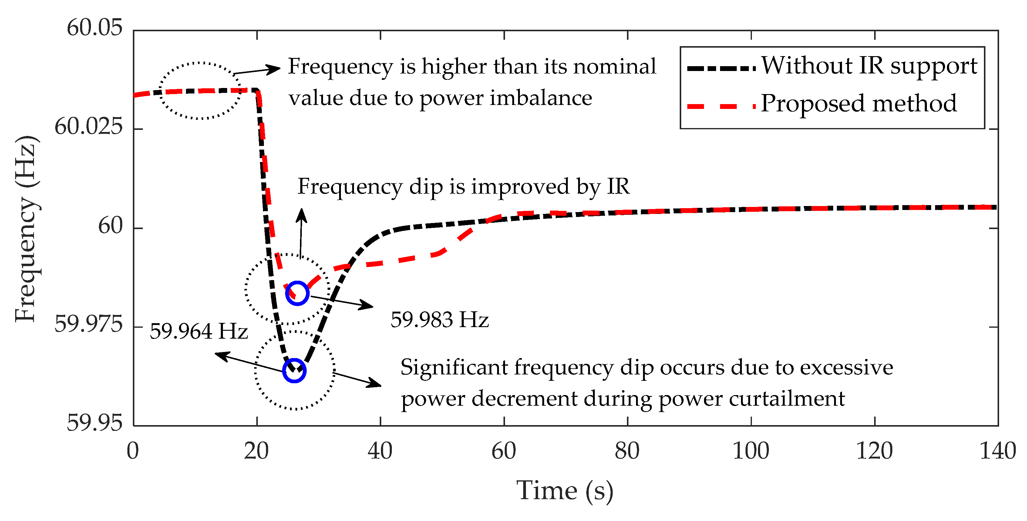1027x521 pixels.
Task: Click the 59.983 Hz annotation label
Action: click(x=439, y=320)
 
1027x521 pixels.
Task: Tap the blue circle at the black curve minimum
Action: click(x=294, y=370)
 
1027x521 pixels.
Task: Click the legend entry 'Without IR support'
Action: click(x=869, y=66)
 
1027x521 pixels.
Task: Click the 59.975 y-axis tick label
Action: click(x=89, y=324)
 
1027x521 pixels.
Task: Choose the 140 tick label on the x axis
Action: click(x=998, y=451)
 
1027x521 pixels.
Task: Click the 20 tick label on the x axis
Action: click(x=256, y=451)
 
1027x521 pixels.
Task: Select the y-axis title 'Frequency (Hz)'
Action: click(x=26, y=228)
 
